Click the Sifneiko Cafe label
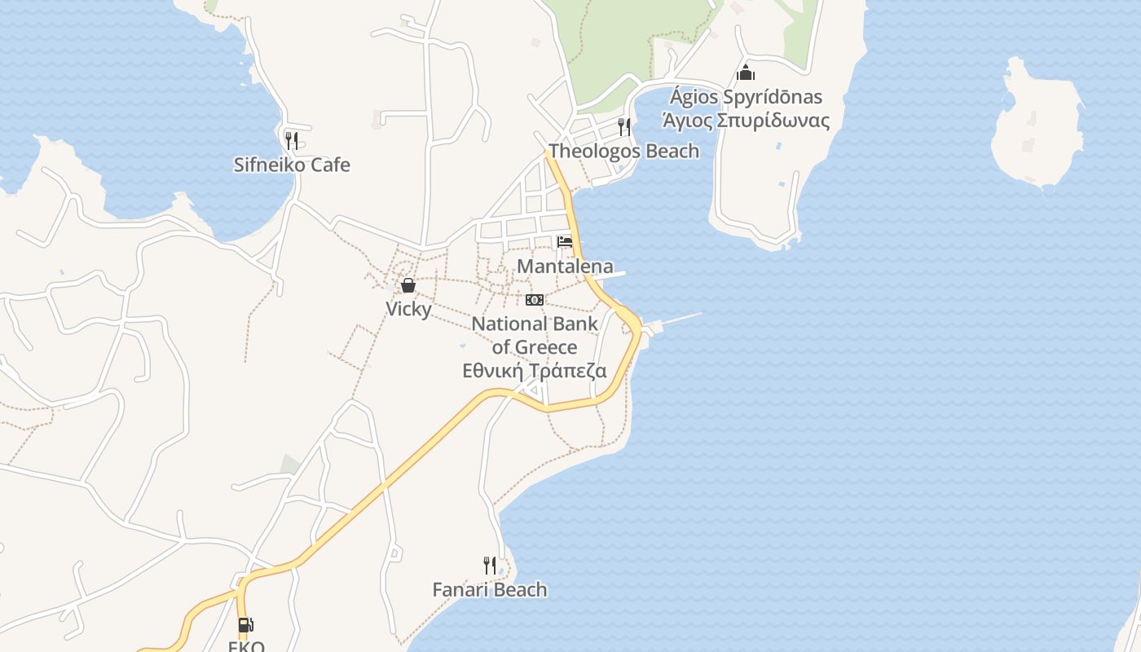[x=292, y=165]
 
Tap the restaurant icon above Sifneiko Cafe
[x=291, y=140]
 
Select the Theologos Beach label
[x=623, y=151]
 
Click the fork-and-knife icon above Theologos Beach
[x=624, y=126]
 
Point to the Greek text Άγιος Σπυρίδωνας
[x=746, y=121]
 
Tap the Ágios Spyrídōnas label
[x=746, y=97]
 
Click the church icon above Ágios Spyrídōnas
[x=746, y=73]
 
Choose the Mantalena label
[x=565, y=267]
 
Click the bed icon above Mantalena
[x=564, y=241]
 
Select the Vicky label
[x=408, y=309]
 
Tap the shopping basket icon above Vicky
[x=408, y=285]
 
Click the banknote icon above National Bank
[x=535, y=300]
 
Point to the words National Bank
[x=535, y=324]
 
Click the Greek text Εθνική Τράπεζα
[x=535, y=371]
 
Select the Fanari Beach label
[x=490, y=589]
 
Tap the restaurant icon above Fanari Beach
[x=489, y=565]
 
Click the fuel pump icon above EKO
[x=245, y=625]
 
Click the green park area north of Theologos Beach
[x=619, y=41]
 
